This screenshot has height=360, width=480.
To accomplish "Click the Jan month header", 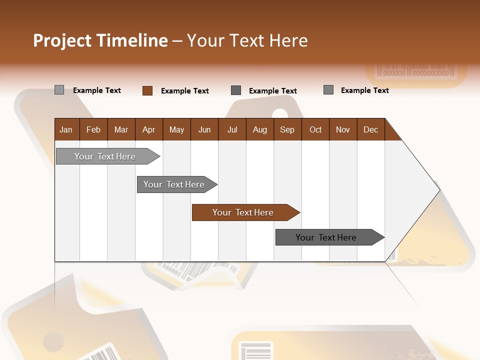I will click(66, 129).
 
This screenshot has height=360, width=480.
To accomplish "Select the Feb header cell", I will click(93, 129).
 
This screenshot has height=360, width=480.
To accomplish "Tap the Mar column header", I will click(121, 129).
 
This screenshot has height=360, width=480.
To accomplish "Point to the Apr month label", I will click(149, 129).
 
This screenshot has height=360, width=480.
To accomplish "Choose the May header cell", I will click(176, 129).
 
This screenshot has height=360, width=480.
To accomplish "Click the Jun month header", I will click(204, 129).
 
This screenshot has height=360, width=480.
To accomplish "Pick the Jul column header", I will click(232, 129).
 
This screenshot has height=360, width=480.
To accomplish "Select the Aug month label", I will click(260, 129).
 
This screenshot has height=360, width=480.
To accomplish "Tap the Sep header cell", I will click(287, 129).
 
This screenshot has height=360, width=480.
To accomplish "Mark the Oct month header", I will click(315, 129).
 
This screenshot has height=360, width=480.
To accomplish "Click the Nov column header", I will click(343, 129).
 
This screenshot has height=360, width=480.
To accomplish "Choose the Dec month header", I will click(371, 129).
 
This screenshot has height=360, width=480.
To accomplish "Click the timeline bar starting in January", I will click(105, 156).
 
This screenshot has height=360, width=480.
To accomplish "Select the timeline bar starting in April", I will click(174, 184).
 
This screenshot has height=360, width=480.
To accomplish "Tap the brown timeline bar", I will click(243, 212).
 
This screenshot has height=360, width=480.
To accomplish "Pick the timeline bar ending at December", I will click(326, 237).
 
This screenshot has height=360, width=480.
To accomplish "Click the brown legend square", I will click(147, 90).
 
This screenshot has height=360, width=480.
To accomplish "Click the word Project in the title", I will click(62, 40).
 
